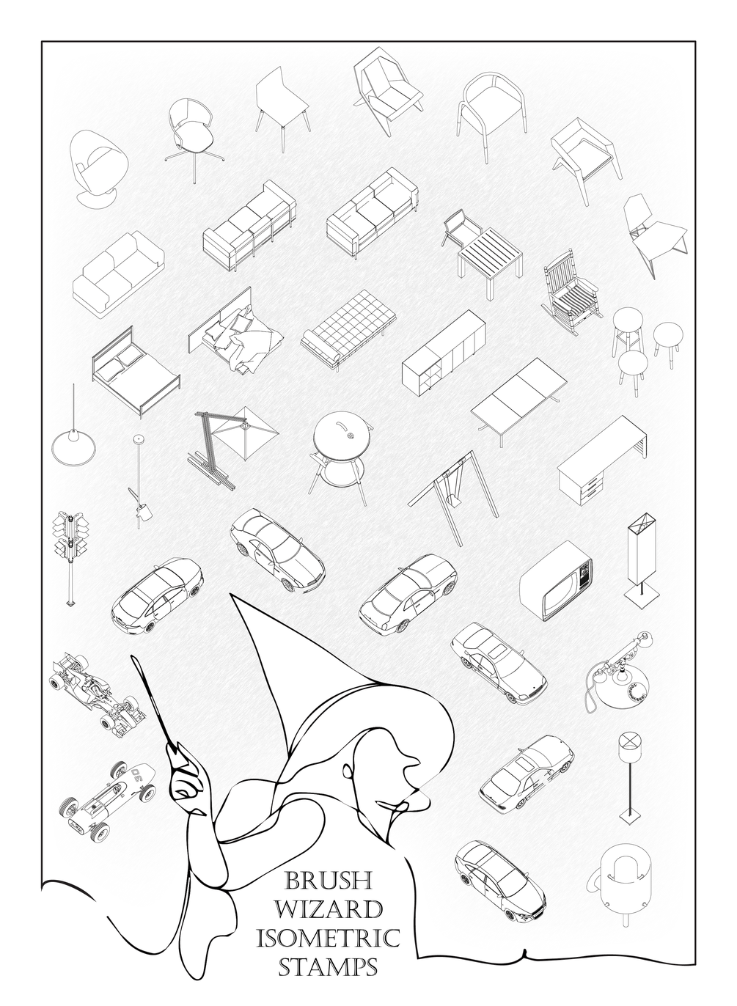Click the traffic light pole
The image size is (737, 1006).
pos(70,550)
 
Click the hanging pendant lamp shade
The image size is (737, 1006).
pos(73,445)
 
